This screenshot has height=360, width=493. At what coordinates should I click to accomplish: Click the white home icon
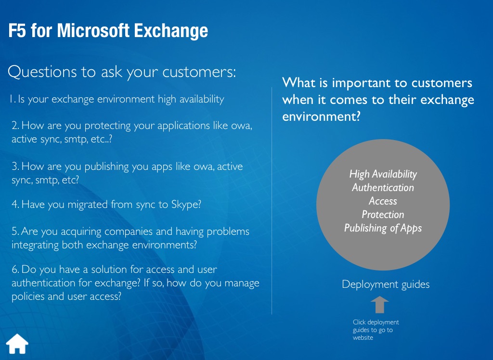pyautogui.click(x=17, y=344)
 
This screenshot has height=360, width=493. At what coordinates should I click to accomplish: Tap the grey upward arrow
pyautogui.click(x=379, y=304)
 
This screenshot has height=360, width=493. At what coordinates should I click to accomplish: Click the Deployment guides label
pyautogui.click(x=386, y=284)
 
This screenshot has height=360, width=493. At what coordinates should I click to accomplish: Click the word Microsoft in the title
pyautogui.click(x=93, y=30)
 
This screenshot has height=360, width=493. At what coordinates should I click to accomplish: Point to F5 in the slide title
pyautogui.click(x=17, y=30)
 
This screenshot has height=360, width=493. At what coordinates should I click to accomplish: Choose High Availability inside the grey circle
pyautogui.click(x=383, y=174)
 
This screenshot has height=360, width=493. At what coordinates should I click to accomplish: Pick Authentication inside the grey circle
pyautogui.click(x=383, y=187)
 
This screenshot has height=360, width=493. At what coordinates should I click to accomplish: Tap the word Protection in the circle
pyautogui.click(x=383, y=215)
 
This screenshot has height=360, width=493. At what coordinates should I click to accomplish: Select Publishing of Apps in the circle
pyautogui.click(x=383, y=228)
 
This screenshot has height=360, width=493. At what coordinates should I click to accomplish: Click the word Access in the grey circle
pyautogui.click(x=383, y=201)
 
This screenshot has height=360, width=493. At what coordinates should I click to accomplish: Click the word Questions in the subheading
pyautogui.click(x=42, y=72)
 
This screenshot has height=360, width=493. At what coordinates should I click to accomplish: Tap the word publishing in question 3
pyautogui.click(x=106, y=167)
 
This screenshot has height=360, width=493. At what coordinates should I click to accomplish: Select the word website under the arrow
pyautogui.click(x=363, y=338)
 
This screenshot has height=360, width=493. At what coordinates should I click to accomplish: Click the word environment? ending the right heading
pyautogui.click(x=321, y=116)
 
